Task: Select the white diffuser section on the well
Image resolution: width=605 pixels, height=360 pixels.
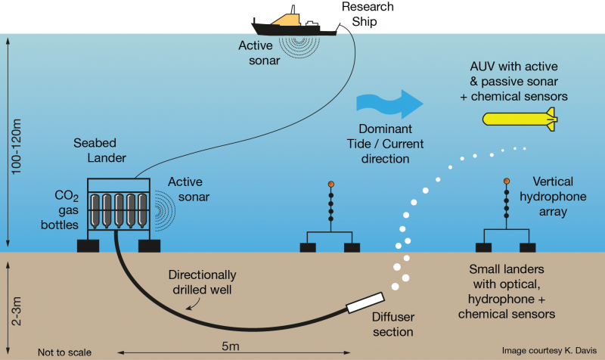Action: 365,303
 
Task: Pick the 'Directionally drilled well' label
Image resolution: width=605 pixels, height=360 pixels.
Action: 202,282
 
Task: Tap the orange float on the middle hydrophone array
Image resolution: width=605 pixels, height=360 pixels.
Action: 330,184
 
